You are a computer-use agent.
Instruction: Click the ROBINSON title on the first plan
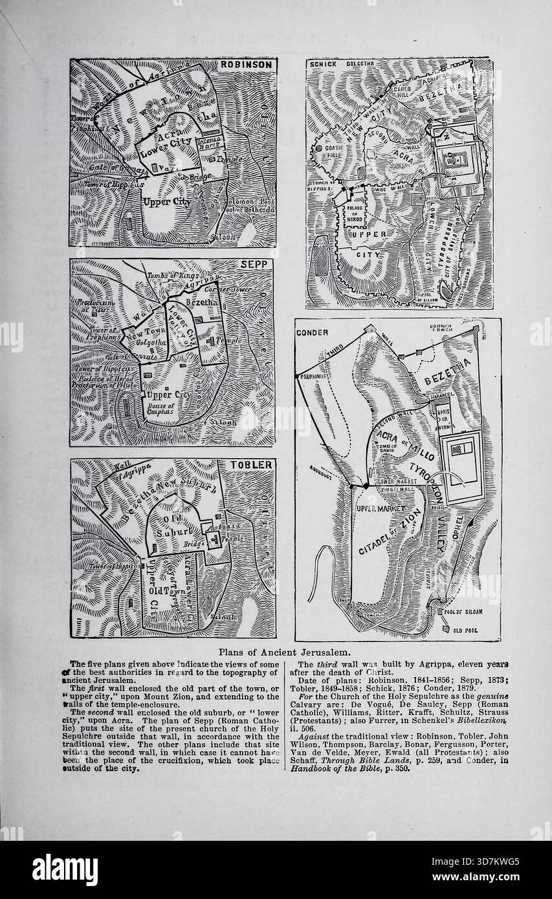pyautogui.click(x=247, y=65)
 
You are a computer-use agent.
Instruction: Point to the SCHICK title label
pyautogui.click(x=323, y=65)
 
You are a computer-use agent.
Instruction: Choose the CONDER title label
pyautogui.click(x=313, y=332)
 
